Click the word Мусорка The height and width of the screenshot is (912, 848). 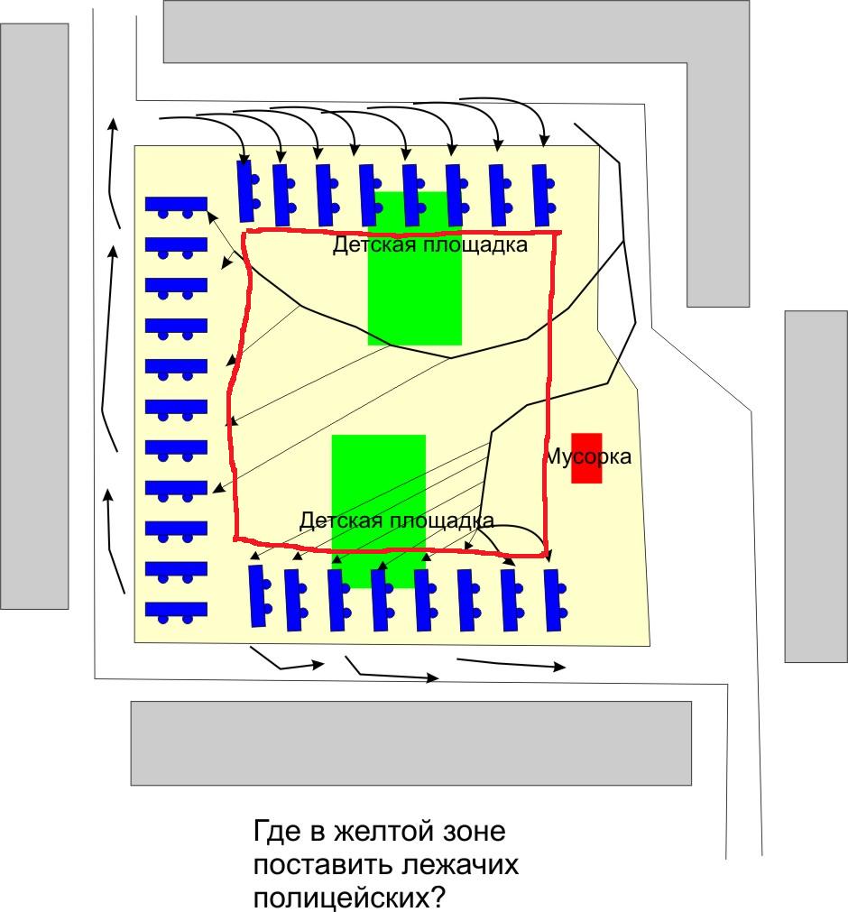tap(587, 456)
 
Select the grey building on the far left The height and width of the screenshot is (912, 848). tap(35, 316)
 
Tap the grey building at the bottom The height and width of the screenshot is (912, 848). tap(411, 742)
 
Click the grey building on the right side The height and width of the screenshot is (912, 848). tap(816, 487)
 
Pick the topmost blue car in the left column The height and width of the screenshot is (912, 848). tap(176, 206)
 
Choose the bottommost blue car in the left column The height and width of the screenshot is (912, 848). tap(176, 611)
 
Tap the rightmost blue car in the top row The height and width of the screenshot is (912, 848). tap(541, 195)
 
